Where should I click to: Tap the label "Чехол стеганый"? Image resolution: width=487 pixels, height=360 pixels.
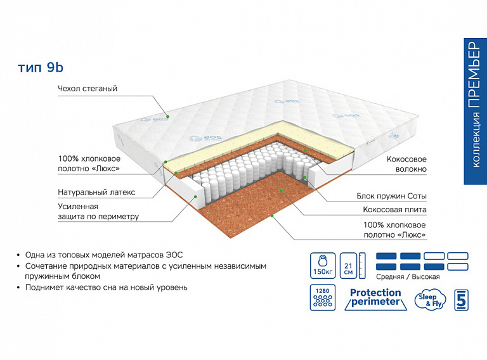88,89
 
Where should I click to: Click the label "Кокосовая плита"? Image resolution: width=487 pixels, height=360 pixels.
394,210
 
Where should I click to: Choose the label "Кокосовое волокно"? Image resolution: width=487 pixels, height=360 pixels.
406,165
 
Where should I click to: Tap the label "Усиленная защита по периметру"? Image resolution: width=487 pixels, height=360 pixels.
98,212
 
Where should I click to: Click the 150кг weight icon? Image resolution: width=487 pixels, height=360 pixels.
322,263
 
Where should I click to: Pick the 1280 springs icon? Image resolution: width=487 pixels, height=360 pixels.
322,298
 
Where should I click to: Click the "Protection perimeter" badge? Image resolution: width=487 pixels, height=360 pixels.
375,297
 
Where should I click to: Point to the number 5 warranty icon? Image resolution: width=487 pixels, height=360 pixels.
462,299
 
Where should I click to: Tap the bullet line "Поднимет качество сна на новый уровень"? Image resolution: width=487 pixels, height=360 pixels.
106,287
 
